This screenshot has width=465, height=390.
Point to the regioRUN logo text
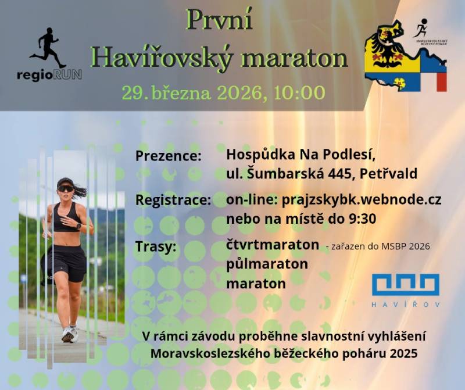(x=49, y=75)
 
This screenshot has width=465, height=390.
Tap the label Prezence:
(x=169, y=156)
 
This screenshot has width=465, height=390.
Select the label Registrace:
(x=173, y=201)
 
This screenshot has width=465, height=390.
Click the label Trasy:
(x=156, y=246)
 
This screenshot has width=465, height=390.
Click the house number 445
(x=339, y=174)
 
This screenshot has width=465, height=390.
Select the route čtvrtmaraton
(x=273, y=245)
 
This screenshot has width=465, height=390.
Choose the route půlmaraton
(x=267, y=264)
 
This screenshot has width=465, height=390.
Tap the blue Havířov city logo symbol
(x=406, y=284)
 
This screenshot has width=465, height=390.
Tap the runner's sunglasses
(x=66, y=188)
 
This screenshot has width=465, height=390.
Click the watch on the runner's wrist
(x=78, y=226)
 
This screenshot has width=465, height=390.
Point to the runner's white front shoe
(x=68, y=334)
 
